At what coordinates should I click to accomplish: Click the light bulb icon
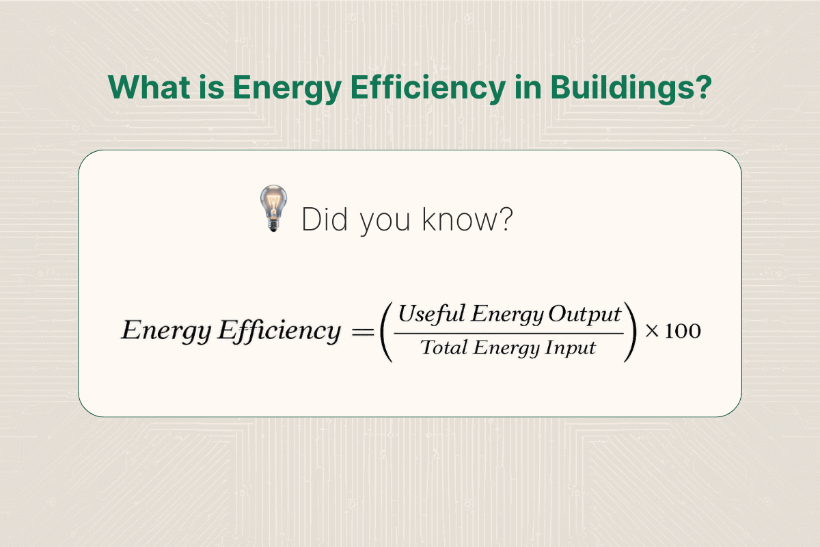pos(273,208)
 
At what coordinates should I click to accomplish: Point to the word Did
pos(325,220)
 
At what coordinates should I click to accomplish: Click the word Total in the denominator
pos(443,348)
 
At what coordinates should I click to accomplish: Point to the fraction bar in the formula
pos(510,333)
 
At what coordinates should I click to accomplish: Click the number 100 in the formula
pos(681,332)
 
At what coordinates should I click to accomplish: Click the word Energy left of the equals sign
pos(166,332)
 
